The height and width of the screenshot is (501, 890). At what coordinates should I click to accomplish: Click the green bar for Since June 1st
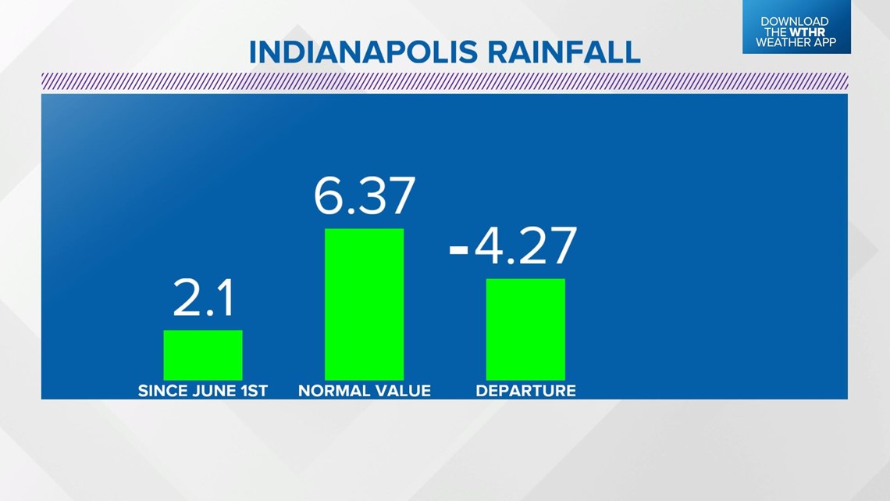pos(203,355)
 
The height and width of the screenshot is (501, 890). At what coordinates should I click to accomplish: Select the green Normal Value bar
pos(364,304)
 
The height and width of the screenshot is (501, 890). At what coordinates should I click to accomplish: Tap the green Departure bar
pos(525,329)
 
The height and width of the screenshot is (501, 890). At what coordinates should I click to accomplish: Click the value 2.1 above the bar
pos(203,300)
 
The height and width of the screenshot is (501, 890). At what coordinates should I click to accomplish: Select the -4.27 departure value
pos(514,245)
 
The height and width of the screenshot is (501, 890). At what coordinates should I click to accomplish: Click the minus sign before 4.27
pos(459,249)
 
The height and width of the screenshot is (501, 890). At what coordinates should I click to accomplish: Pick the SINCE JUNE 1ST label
pos(203,391)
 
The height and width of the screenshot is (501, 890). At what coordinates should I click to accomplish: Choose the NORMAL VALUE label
pos(364,391)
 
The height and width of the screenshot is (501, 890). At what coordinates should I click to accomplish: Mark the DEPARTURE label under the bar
pos(525,391)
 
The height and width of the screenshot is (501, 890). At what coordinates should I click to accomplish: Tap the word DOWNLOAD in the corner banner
pos(795,22)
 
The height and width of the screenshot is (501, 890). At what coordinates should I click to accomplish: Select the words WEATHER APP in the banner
pos(796,43)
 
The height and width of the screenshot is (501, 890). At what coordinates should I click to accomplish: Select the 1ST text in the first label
pos(254,391)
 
